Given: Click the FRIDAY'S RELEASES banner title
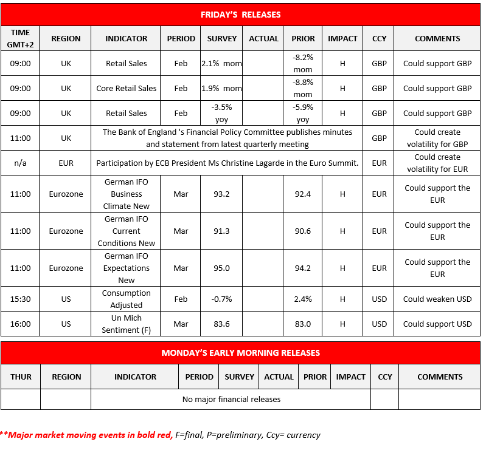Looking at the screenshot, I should [241, 15].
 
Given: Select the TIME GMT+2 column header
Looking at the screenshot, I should [20, 38].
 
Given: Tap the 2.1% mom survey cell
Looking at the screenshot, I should [221, 63].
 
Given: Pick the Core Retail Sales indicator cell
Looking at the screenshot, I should [126, 88].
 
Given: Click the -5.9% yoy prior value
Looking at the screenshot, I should [303, 113].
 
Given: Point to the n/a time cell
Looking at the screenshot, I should [20, 163].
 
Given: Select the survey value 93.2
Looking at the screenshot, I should [221, 194].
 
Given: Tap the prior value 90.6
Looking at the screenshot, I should [303, 231].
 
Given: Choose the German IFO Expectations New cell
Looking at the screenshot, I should [126, 268].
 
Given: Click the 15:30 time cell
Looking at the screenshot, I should [20, 299].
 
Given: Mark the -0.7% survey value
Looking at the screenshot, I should [221, 299].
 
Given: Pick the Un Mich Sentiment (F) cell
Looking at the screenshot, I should [126, 324].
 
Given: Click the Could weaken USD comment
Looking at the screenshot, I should [437, 299].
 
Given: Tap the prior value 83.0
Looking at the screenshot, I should [303, 324].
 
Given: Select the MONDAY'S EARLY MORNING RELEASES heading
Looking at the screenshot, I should [241, 353].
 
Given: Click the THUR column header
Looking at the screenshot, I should [21, 377].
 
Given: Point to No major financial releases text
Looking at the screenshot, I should [231, 399].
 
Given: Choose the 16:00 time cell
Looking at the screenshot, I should [20, 324].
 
